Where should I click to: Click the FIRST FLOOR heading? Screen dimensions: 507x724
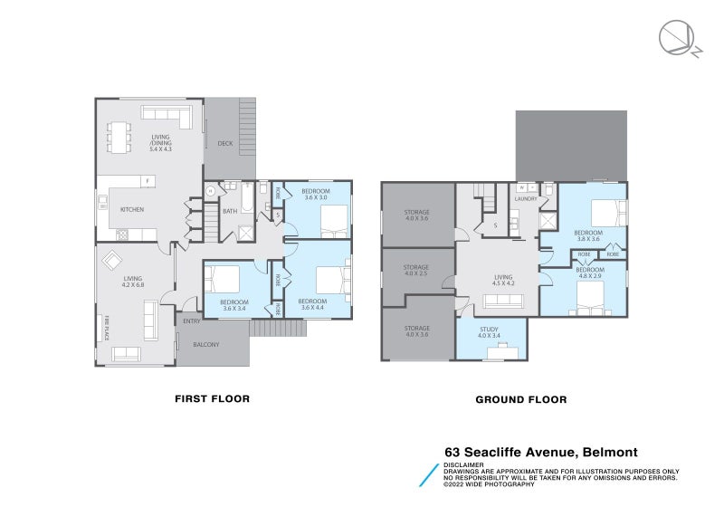(x=211, y=398)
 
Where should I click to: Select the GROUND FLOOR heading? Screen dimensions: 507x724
(x=521, y=399)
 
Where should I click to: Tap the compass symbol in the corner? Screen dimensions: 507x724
(x=676, y=40)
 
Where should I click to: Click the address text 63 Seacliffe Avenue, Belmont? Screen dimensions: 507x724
(x=540, y=453)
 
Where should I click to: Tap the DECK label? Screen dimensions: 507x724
(x=225, y=144)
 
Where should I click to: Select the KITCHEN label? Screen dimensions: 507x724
(x=132, y=210)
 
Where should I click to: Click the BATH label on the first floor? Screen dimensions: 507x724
(x=230, y=212)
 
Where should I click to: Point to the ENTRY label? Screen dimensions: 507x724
(x=192, y=320)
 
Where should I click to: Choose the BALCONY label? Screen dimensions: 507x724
(x=205, y=344)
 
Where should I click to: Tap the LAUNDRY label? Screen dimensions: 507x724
(x=526, y=198)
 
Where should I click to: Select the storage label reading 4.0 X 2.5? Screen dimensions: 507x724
(x=416, y=270)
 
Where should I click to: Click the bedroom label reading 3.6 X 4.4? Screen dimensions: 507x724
(x=311, y=304)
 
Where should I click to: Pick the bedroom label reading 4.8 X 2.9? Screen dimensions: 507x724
(x=590, y=273)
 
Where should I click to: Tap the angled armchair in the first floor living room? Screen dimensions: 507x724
(x=112, y=261)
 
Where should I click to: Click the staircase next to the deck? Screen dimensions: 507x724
(x=247, y=119)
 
